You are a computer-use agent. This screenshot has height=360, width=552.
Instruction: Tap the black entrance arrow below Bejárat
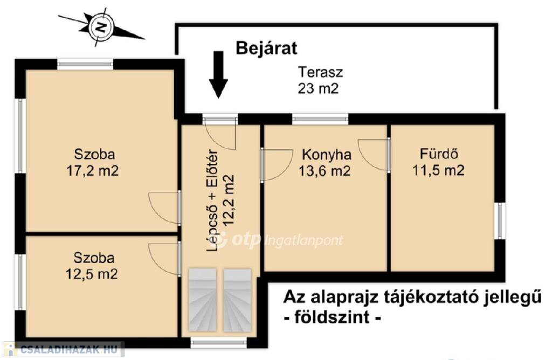pyautogui.click(x=219, y=74)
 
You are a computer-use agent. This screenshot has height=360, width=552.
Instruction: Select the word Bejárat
pyautogui.click(x=266, y=48)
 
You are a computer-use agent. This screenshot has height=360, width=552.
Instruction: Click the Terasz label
pyautogui.click(x=320, y=72)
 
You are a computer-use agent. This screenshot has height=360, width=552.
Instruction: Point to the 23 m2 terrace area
pyautogui.click(x=318, y=88)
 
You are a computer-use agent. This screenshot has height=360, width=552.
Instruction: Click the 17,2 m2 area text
pyautogui.click(x=93, y=171)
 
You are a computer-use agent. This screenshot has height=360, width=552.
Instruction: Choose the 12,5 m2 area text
pyautogui.click(x=92, y=274)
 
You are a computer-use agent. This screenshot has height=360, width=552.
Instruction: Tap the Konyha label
pyautogui.click(x=327, y=155)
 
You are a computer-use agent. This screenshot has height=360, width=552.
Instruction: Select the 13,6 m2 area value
pyautogui.click(x=325, y=171)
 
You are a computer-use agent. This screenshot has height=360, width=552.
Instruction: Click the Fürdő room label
pyautogui.click(x=439, y=154)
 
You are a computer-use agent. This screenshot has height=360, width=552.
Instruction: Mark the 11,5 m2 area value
pyautogui.click(x=438, y=170)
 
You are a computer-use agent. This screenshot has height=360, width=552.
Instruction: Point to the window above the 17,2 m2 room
pyautogui.click(x=86, y=64)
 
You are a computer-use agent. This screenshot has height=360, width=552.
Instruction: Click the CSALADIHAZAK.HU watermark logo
pyautogui.click(x=64, y=349)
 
